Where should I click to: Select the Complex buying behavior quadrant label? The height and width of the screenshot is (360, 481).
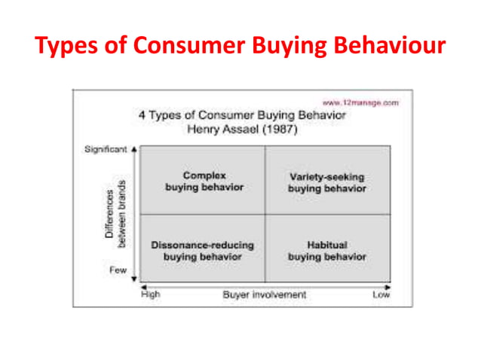click(x=204, y=181)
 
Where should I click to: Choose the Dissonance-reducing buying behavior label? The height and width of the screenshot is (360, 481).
click(x=203, y=251)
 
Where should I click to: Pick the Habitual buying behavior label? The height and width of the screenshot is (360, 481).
click(x=327, y=251)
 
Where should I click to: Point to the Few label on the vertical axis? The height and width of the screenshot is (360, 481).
click(x=118, y=270)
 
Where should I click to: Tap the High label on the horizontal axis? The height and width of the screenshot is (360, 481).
click(x=152, y=294)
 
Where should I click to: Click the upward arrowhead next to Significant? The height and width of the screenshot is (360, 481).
click(x=133, y=149)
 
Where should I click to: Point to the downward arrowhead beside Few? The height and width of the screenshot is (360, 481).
click(x=133, y=276)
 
